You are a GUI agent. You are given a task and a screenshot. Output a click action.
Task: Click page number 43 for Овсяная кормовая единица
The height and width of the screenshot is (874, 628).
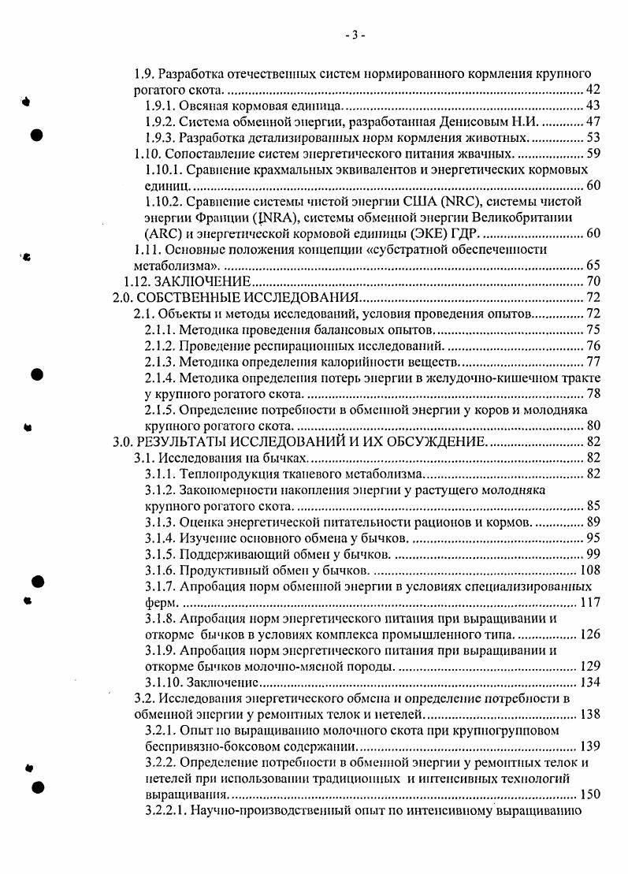pos(592,106)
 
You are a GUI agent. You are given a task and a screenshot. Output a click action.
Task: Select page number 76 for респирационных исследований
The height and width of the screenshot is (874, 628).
pos(592,346)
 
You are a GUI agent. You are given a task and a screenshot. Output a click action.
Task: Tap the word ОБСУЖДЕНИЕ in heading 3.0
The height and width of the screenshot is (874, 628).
pos(417,441)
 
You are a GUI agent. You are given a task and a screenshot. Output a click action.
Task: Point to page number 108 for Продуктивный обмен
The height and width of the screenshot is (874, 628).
pos(589,570)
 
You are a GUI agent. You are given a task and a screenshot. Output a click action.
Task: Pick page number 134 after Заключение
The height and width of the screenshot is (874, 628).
pos(589,682)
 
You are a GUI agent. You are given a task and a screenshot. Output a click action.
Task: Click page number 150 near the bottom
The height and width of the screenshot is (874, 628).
pos(589,794)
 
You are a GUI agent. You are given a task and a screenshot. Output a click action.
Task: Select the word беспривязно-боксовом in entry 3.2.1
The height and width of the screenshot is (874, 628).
pos(210,746)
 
